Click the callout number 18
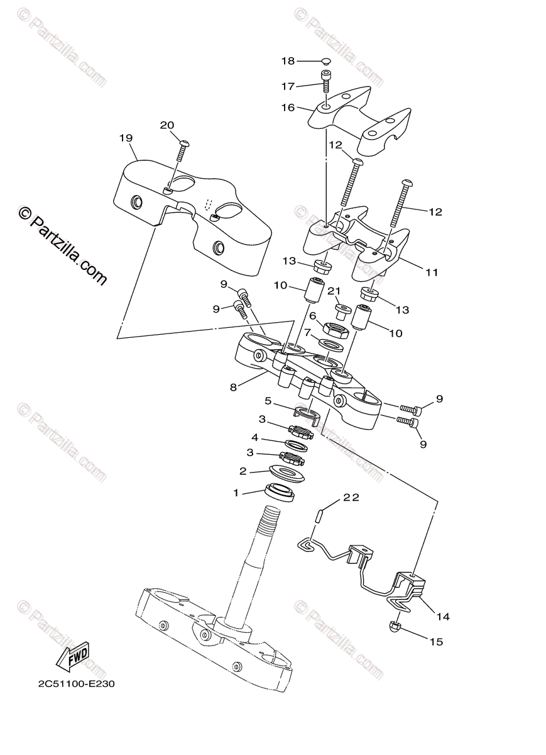click(x=288, y=61)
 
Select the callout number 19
click(x=126, y=138)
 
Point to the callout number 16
click(x=288, y=108)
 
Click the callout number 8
click(x=233, y=388)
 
